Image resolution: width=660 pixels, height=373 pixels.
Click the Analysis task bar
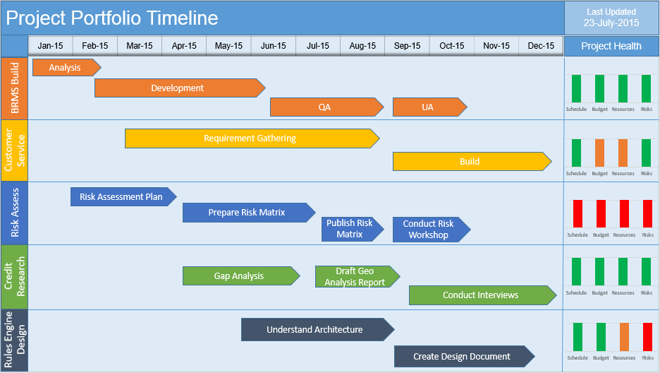(x=66, y=68)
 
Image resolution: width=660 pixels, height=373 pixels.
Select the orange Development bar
(x=178, y=88)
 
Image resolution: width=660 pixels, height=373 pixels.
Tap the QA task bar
(x=325, y=107)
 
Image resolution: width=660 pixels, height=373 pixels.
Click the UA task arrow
(x=428, y=107)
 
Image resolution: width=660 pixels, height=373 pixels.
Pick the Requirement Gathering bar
(x=250, y=138)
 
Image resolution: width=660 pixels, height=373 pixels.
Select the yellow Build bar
(x=470, y=162)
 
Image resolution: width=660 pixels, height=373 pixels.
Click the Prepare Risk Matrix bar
(x=247, y=213)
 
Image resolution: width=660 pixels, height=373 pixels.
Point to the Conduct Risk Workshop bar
(x=429, y=230)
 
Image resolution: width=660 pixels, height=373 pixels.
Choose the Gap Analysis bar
(x=239, y=276)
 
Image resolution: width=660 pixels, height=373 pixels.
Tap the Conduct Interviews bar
(x=481, y=295)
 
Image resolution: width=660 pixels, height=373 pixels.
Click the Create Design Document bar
(x=462, y=357)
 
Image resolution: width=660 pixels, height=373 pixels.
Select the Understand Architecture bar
(x=315, y=330)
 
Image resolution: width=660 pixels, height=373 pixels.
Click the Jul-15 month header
(x=318, y=46)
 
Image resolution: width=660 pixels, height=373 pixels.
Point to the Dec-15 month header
(x=541, y=46)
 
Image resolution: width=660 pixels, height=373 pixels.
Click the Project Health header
(x=611, y=46)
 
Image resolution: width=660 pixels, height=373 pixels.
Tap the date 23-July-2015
(x=611, y=23)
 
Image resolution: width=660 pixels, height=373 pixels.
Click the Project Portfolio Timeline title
(x=113, y=18)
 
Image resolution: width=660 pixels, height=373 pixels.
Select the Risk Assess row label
(x=14, y=213)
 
